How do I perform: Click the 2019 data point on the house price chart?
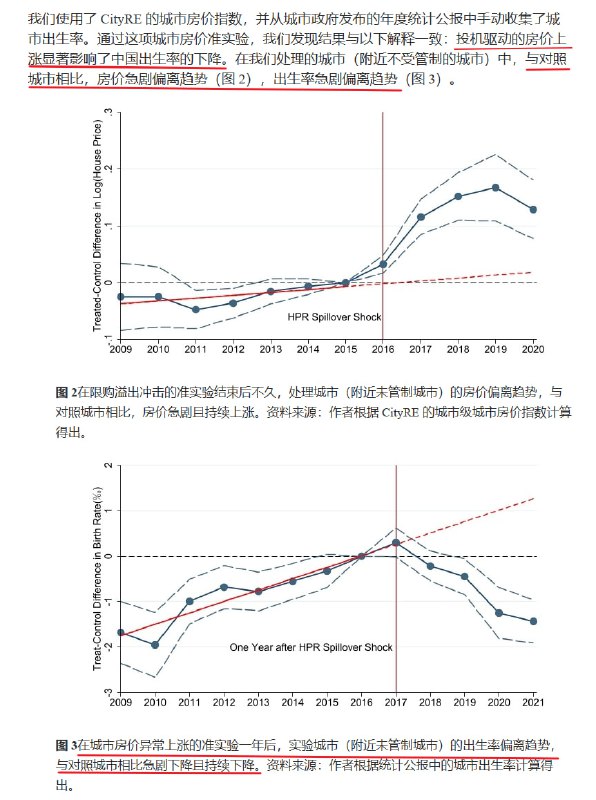tap(495, 188)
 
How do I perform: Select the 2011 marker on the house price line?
tap(196, 309)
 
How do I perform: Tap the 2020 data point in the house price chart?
tap(533, 210)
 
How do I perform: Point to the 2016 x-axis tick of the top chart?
tap(384, 348)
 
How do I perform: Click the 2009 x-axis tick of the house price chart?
tap(121, 348)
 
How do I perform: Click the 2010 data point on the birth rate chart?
tap(155, 645)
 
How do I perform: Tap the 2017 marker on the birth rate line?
tap(396, 542)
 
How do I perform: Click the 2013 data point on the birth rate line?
tap(259, 591)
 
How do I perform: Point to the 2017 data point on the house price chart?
tap(421, 217)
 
